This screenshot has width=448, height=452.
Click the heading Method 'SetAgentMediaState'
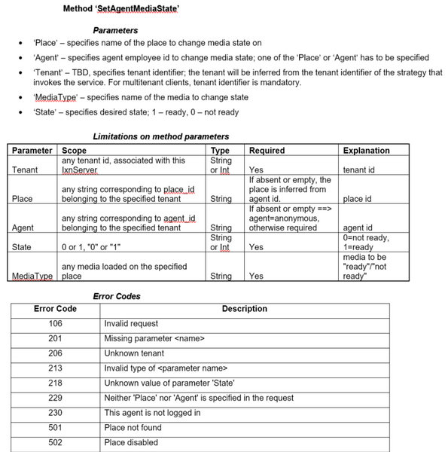[x=121, y=9]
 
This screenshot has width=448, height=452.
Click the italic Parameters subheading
[x=115, y=30]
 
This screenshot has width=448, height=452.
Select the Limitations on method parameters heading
[x=160, y=136]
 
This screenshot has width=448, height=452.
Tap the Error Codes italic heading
[x=117, y=296]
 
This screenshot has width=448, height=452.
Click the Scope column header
[x=74, y=151]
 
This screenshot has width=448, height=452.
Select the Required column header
[x=267, y=151]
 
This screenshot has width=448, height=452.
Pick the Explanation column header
[x=366, y=151]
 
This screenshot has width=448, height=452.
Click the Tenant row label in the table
[x=25, y=170]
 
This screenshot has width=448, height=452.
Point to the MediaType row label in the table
[x=32, y=276]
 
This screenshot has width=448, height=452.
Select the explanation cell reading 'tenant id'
[x=358, y=170]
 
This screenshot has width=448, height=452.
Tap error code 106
[x=55, y=323]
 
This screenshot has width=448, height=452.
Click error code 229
[x=55, y=398]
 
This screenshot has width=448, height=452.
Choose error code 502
[x=55, y=442]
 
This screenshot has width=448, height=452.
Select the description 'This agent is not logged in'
[x=152, y=413]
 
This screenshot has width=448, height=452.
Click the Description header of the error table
[x=244, y=309]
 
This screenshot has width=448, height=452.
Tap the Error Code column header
[x=55, y=309]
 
